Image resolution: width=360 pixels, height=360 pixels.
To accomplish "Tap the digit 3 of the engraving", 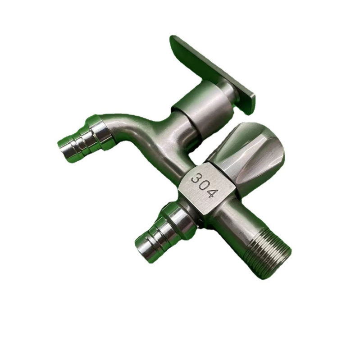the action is (195, 178).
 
